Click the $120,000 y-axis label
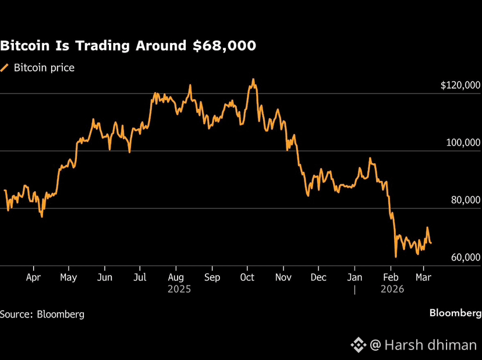point(460,85)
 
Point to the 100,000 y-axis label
point(463,143)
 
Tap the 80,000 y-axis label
point(466,200)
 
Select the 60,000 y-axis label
point(466,257)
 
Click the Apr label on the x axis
point(33,277)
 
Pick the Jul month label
point(140,277)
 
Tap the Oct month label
point(247,277)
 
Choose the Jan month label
point(355,277)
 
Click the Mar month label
point(424,277)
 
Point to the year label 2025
point(179,290)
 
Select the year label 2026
point(392,290)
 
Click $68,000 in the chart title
point(224,46)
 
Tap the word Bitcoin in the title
point(25,45)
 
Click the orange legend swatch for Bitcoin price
point(4,68)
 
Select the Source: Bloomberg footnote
point(42,314)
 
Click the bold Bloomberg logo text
point(456,313)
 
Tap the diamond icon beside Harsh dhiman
point(358,345)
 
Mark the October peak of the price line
point(253,79)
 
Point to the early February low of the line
point(396,257)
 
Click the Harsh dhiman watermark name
point(430,345)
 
